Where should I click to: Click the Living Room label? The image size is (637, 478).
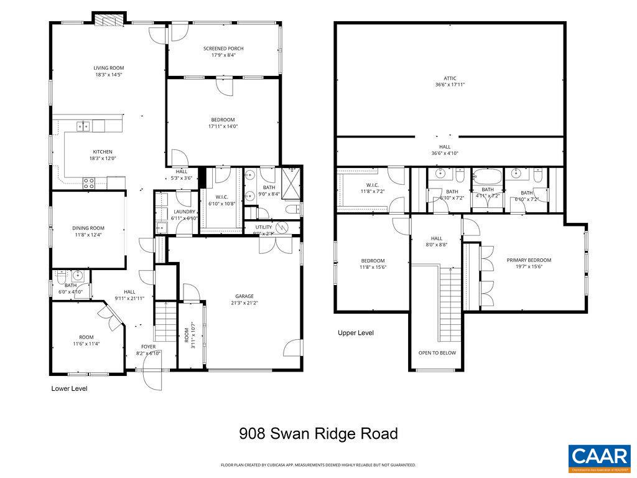click(109, 68)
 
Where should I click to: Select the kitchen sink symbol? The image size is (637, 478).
click(83, 126)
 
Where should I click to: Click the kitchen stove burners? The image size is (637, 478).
click(89, 183)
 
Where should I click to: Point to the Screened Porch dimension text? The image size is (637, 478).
click(223, 55)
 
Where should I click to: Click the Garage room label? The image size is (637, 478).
click(244, 296)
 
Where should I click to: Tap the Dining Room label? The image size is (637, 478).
click(88, 228)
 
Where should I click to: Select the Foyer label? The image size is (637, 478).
click(148, 347)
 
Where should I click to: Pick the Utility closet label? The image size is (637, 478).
click(263, 227)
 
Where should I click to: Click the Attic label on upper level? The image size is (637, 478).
click(450, 78)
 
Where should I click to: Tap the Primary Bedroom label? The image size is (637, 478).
click(529, 260)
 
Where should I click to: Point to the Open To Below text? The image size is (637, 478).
click(437, 353)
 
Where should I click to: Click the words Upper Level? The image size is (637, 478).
click(355, 333)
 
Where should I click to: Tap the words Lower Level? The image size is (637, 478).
click(69, 388)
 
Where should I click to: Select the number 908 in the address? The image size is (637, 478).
click(253, 434)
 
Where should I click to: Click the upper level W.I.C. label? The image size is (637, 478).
click(373, 185)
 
